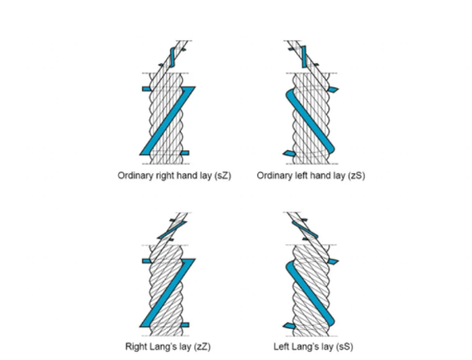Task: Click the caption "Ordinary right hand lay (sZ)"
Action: point(174,176)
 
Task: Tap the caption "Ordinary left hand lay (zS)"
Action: point(311,176)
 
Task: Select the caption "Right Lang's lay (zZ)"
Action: point(168,346)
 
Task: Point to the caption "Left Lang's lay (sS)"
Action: point(314,346)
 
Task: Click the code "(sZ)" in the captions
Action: point(223,176)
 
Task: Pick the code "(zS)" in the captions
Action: point(357,176)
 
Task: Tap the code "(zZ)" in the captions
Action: point(202,347)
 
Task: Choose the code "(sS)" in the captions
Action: point(345,347)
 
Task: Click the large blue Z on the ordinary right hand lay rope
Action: point(167,121)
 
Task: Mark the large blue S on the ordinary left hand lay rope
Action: point(310,120)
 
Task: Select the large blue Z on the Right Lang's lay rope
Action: point(167,292)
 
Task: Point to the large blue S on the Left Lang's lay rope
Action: point(310,292)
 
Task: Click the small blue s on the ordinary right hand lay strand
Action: point(172,57)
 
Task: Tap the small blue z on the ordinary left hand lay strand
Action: point(304,57)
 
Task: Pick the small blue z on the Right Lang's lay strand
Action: point(171,230)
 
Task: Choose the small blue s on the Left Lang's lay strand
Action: point(305,229)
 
